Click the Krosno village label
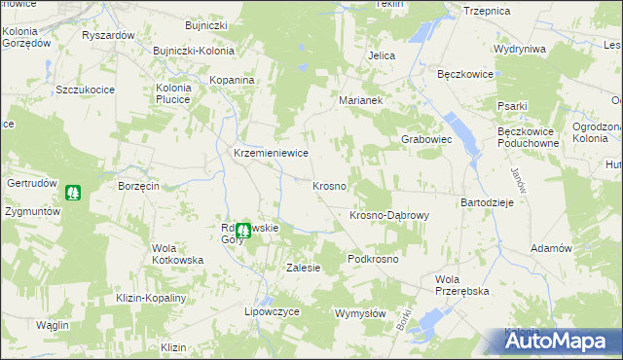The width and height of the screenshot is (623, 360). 330,186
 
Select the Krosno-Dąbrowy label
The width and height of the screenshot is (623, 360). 388,215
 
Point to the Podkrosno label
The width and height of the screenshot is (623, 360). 374,260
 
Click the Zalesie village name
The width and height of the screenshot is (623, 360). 303,268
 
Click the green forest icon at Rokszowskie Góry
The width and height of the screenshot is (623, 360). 242,231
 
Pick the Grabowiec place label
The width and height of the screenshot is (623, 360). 427,139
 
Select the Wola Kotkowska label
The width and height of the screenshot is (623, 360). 177,254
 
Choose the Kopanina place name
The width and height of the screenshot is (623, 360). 233,79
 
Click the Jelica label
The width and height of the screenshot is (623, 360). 381,56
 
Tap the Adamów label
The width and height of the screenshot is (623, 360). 551,248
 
